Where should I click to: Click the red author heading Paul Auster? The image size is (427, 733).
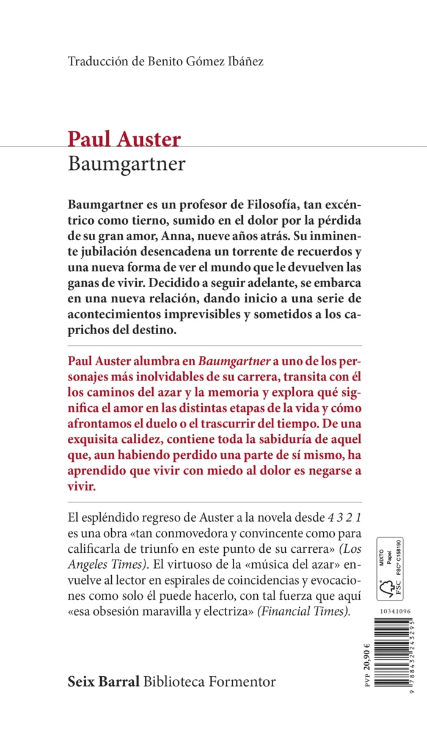[x=124, y=139]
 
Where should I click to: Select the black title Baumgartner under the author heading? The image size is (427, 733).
[x=127, y=164]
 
